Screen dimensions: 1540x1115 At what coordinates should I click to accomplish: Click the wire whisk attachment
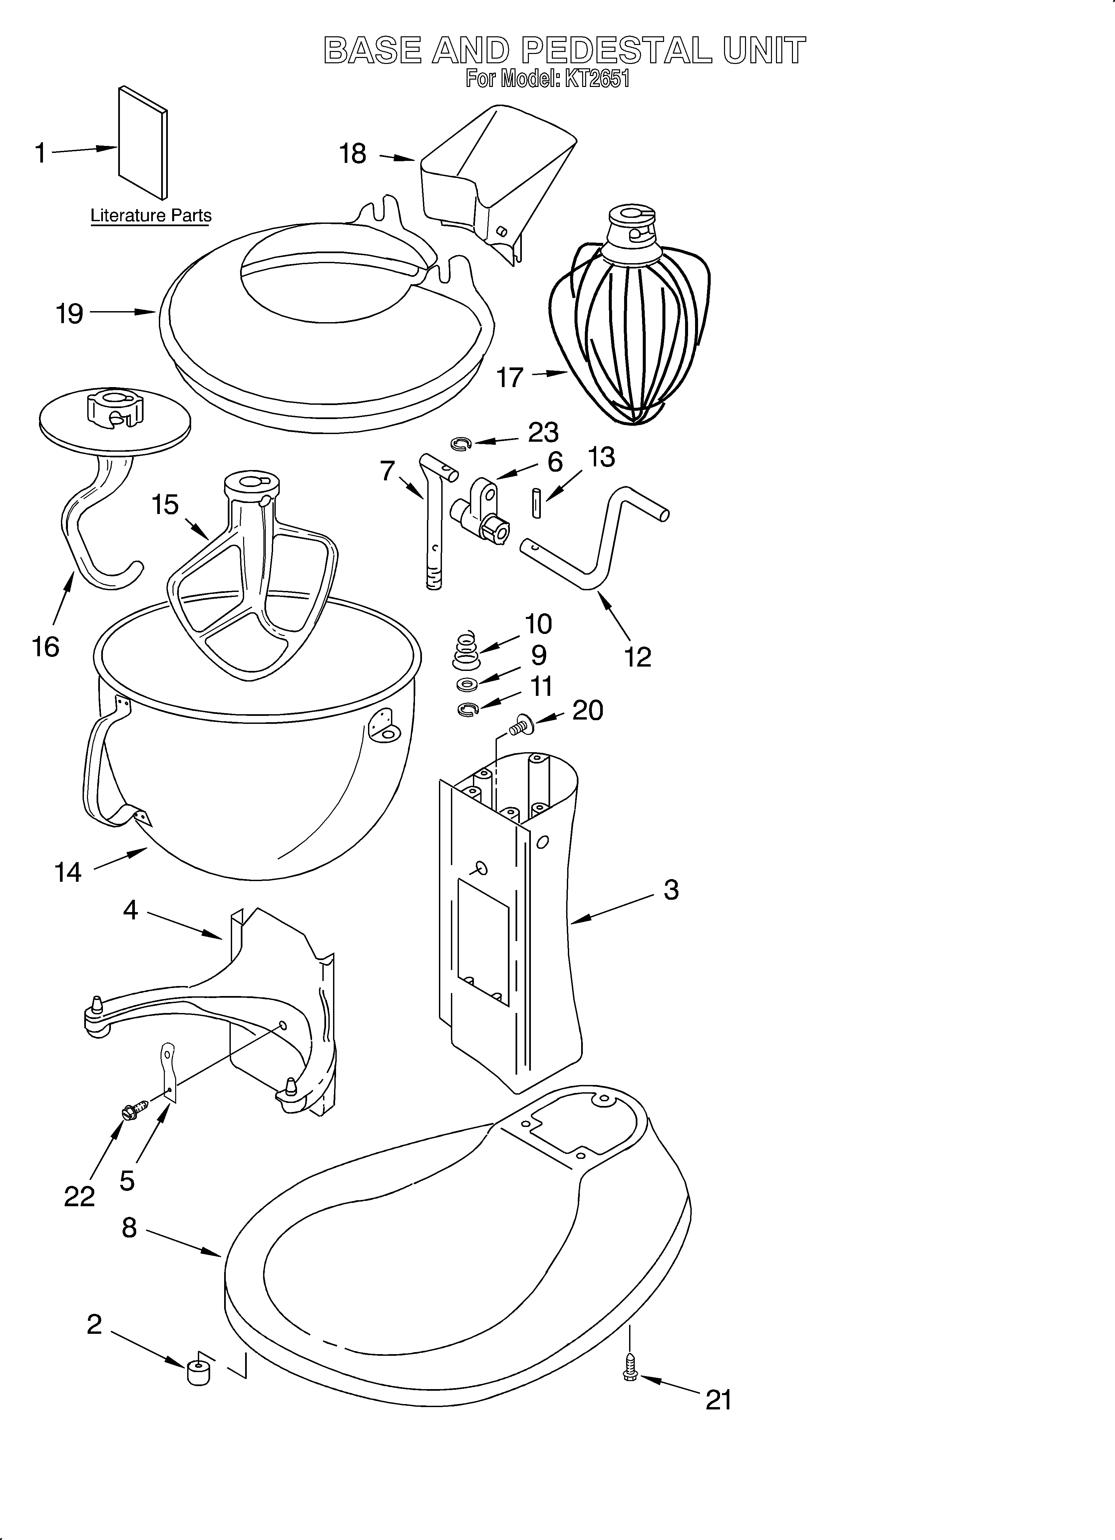click(628, 326)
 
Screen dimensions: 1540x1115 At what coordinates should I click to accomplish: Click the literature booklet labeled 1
click(143, 143)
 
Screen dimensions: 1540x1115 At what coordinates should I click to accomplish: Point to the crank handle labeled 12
click(597, 543)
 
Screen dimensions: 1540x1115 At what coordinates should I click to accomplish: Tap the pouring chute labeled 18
click(496, 177)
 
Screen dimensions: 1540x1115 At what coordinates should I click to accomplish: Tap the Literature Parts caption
click(151, 216)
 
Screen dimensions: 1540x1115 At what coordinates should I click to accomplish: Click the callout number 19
click(69, 314)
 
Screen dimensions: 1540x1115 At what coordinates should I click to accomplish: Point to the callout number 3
click(671, 889)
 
